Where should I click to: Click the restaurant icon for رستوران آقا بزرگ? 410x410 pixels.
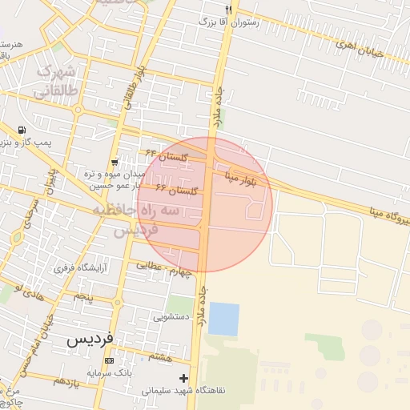[228, 10]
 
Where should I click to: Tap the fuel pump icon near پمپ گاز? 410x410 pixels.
[20, 129]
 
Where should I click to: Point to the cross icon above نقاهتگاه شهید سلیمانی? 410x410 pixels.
[184, 378]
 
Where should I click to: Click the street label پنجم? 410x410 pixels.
[84, 297]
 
